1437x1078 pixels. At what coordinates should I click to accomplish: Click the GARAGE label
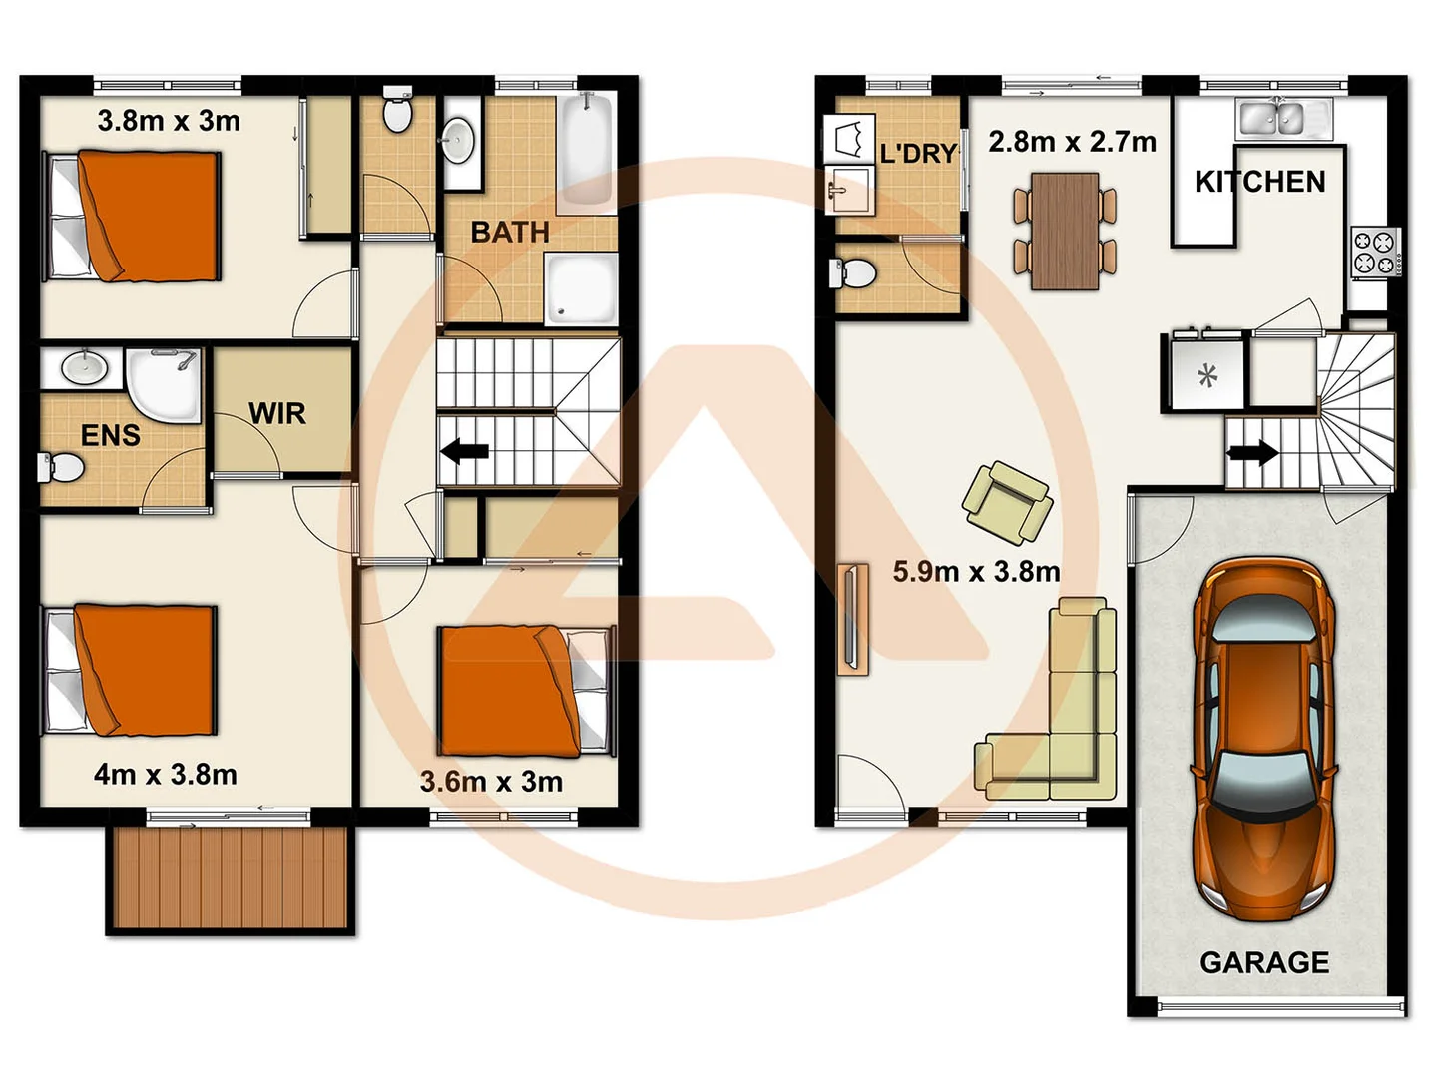pos(1263,962)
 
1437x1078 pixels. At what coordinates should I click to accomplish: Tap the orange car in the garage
pos(1263,739)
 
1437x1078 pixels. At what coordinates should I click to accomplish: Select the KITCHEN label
pos(1259,182)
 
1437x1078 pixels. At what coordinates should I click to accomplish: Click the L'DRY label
pos(918,154)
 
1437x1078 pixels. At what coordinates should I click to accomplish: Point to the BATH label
pos(510,233)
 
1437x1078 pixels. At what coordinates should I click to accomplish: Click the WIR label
pos(276,413)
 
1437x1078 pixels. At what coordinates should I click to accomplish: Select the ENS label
pos(110,435)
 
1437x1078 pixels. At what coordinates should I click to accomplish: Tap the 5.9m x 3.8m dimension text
pos(976,572)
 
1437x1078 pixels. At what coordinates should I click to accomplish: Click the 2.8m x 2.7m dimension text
pos(1072,142)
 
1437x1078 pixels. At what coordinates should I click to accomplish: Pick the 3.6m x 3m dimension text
pos(491,782)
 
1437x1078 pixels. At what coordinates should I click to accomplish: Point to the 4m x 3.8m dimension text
pos(166,775)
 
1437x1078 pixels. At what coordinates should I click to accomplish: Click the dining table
pos(1065,231)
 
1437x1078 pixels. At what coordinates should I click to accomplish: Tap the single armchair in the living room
pos(1007,502)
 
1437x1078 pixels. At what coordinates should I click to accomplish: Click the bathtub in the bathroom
pos(586,150)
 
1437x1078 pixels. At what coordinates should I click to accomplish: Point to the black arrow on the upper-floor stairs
pos(464,452)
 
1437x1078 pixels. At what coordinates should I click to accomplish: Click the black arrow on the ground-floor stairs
pos(1252,452)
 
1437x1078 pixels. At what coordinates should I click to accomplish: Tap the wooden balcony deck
pos(231,878)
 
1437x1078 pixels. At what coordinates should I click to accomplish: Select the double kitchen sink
pos(1270,119)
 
